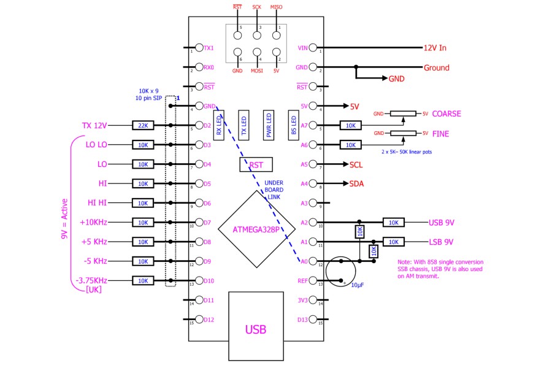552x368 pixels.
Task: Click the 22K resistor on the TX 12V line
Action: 143,125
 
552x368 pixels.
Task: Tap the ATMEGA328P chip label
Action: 256,229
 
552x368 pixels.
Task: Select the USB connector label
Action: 256,329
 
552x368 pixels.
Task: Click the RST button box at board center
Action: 256,165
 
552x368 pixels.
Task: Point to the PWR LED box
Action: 269,125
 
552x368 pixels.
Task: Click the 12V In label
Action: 435,48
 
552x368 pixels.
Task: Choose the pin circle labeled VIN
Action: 313,48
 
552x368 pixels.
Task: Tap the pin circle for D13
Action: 313,320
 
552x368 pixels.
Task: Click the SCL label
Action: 356,165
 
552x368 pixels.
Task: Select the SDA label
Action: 356,184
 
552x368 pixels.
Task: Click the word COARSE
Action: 447,113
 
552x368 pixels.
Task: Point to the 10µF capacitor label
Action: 358,285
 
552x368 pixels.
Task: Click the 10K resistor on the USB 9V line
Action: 394,223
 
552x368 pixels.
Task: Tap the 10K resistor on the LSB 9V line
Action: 394,242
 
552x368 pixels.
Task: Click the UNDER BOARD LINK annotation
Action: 274,190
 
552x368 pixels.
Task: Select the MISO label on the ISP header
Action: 277,7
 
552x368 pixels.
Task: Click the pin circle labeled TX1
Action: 199,48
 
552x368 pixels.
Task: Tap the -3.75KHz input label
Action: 91,281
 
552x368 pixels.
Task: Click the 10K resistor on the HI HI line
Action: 143,203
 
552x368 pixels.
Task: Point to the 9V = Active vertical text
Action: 64,219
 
